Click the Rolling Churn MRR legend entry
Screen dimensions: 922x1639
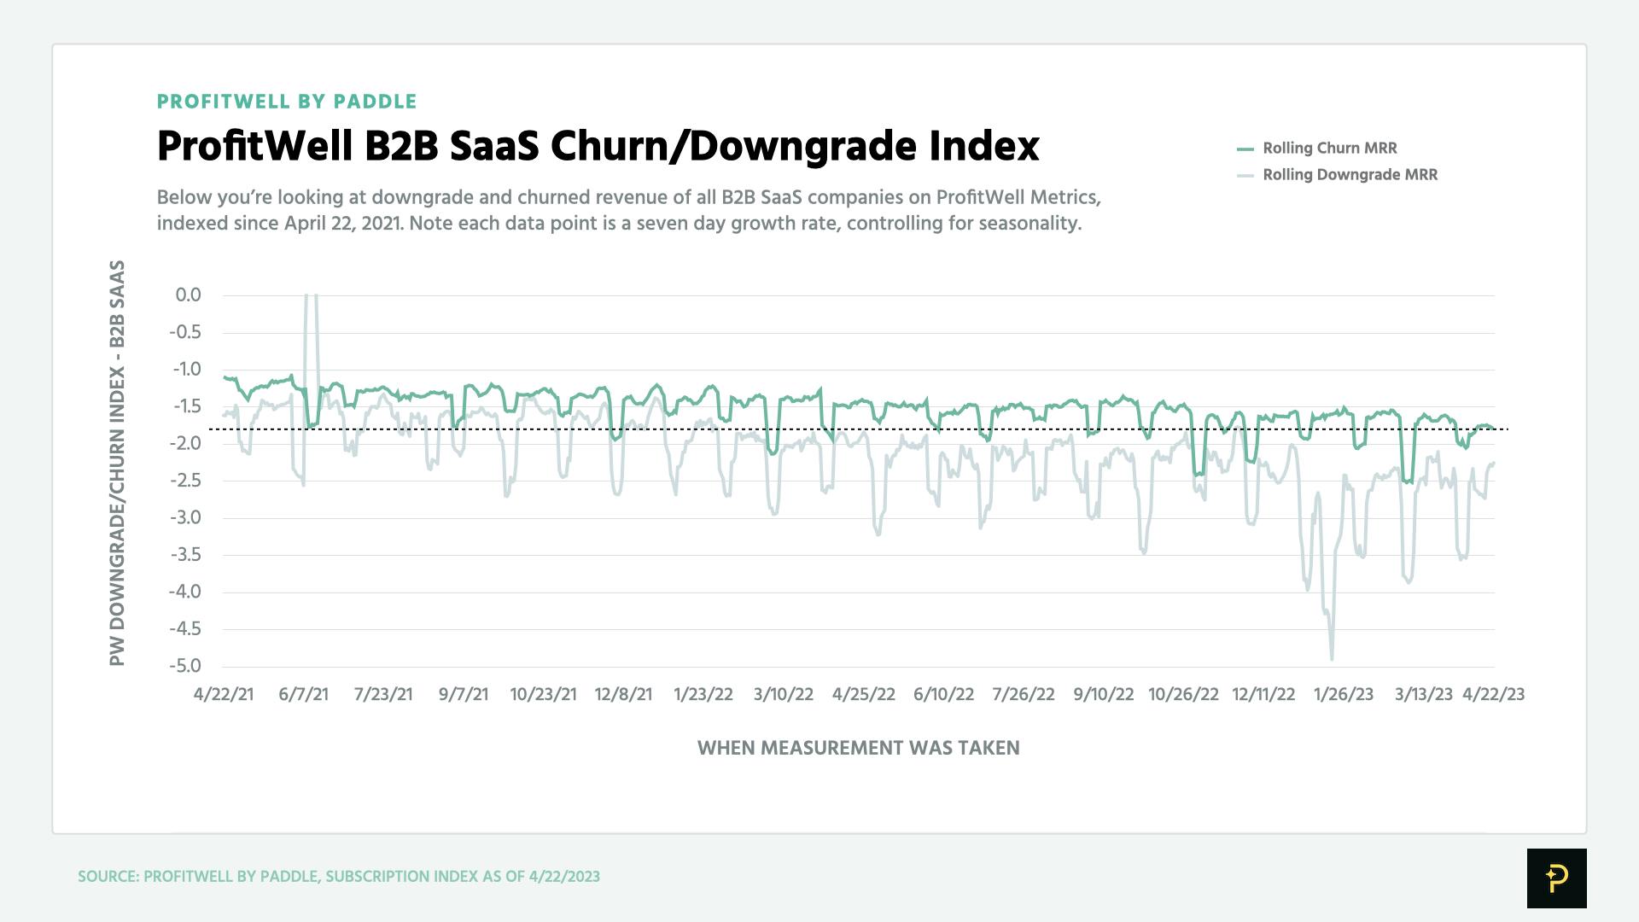point(1329,149)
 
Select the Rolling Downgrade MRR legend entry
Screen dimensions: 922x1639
point(1350,175)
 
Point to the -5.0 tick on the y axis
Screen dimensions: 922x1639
point(185,666)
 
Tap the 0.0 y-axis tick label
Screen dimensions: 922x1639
point(188,295)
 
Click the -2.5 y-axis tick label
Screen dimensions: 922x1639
point(185,481)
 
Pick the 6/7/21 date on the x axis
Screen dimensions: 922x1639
point(303,695)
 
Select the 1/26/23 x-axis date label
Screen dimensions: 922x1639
point(1343,695)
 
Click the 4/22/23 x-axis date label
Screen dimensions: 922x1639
point(1493,695)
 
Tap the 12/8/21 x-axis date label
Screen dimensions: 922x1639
point(623,695)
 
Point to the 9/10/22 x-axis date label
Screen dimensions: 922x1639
point(1103,695)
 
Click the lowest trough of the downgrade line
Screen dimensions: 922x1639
point(1332,658)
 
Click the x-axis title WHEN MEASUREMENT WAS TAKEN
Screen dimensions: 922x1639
point(858,749)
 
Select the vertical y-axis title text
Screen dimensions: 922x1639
point(117,463)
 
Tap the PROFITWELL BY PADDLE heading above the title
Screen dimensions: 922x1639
point(287,102)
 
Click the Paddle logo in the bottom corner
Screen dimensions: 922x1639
point(1556,878)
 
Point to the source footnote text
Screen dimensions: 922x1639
point(338,877)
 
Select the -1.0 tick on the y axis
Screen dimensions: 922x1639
point(186,370)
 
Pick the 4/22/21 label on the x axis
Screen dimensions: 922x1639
point(224,695)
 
